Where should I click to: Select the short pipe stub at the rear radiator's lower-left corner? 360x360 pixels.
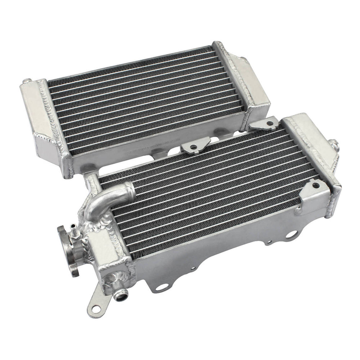(90, 179)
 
